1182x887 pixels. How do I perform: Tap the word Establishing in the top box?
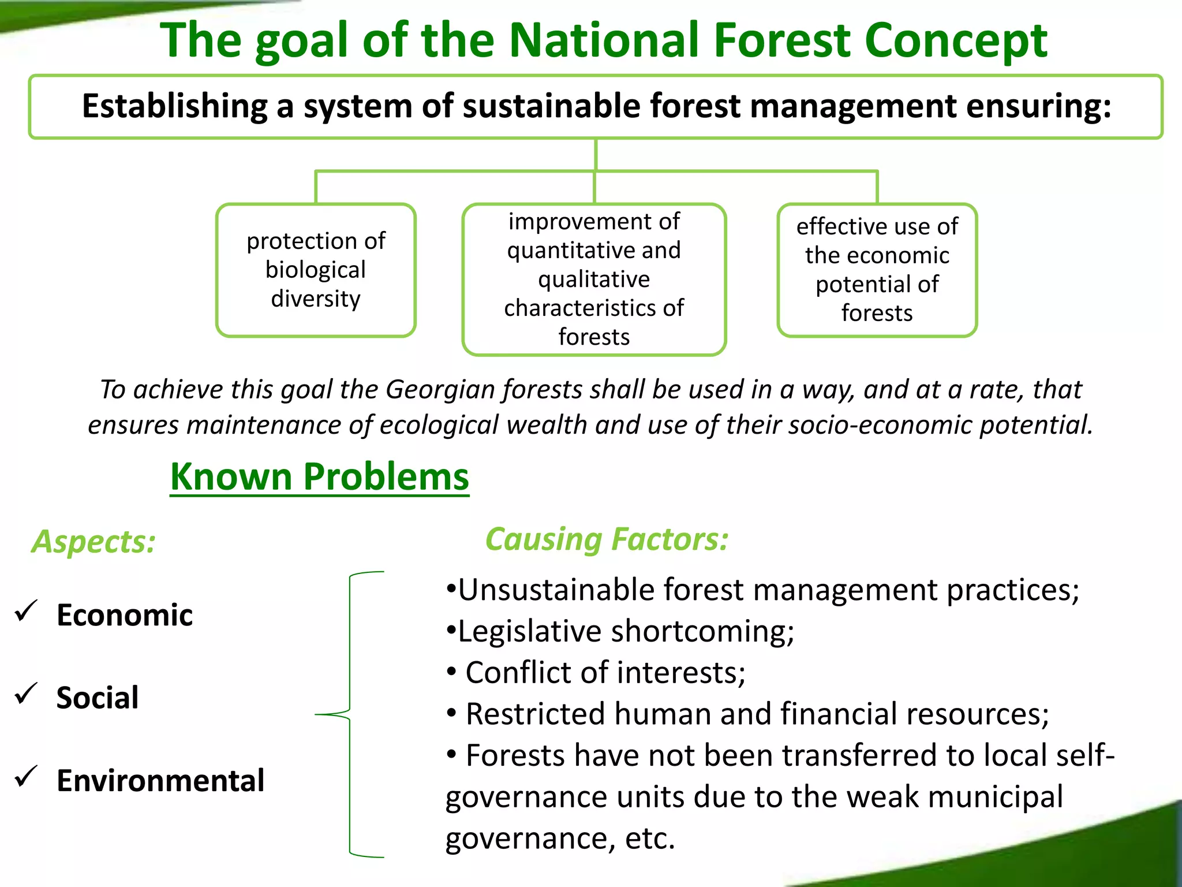click(x=174, y=106)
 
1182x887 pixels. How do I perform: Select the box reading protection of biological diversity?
click(x=316, y=270)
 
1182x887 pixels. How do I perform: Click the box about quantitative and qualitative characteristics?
click(x=594, y=279)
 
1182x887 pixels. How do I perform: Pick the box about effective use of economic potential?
click(x=877, y=270)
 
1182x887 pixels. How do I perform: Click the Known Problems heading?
click(x=319, y=477)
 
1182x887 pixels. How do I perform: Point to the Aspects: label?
click(x=93, y=542)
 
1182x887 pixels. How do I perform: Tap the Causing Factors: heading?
click(x=607, y=539)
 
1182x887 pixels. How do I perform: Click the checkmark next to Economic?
click(x=26, y=611)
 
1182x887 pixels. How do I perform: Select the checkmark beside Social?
click(x=26, y=694)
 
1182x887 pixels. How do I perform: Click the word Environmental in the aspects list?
click(x=160, y=781)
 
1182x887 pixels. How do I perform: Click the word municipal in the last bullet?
click(x=995, y=797)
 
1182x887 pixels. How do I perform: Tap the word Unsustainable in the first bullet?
click(x=556, y=590)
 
